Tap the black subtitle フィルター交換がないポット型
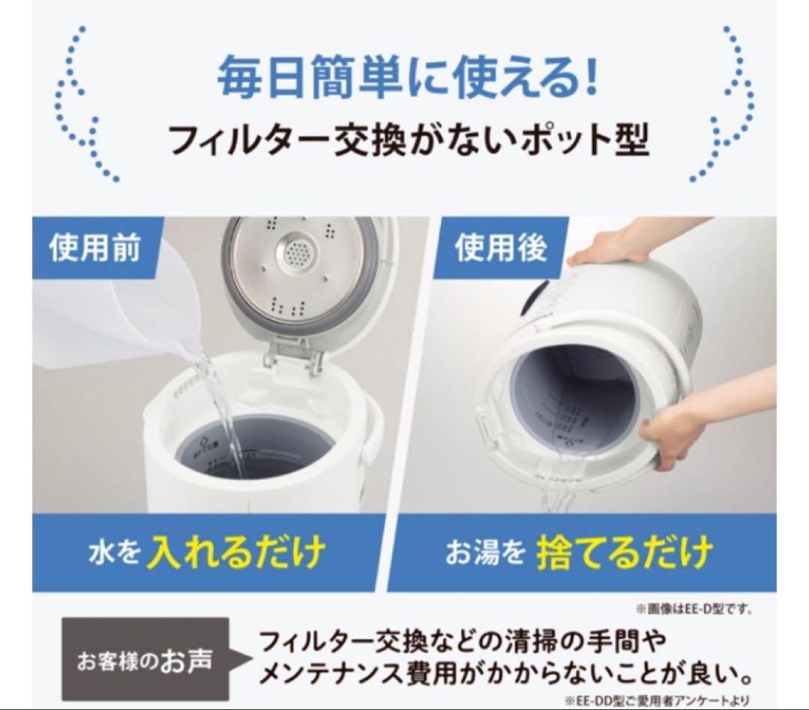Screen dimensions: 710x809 click(x=407, y=139)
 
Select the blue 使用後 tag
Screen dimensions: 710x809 click(x=500, y=248)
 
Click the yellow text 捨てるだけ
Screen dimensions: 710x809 click(x=623, y=553)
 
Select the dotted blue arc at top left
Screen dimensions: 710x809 click(x=82, y=105)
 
